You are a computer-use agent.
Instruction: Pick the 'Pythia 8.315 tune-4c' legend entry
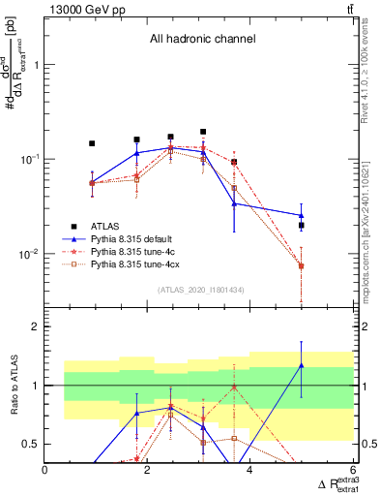coord(132,250)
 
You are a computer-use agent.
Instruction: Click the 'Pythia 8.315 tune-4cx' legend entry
coord(134,263)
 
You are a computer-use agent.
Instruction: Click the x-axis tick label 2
coord(148,470)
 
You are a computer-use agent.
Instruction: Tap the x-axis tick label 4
coord(250,470)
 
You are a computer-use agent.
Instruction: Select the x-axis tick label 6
coord(353,470)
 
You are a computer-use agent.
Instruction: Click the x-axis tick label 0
coord(45,470)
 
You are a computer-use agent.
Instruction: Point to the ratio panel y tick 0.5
coord(31,444)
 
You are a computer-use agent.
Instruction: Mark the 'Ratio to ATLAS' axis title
coord(14,385)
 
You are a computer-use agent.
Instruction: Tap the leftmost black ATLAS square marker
coord(92,143)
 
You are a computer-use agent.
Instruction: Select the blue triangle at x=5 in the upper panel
coord(302,215)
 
